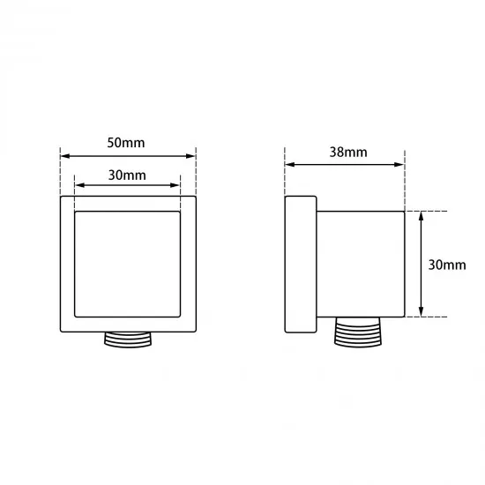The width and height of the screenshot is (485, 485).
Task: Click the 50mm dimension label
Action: [x=128, y=142]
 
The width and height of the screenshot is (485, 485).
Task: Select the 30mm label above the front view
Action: [x=128, y=175]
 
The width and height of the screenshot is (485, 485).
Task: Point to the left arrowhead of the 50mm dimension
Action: [x=63, y=155]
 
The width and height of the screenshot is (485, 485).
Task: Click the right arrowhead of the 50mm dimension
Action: [x=192, y=155]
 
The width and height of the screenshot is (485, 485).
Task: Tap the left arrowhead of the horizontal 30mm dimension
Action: [x=79, y=186]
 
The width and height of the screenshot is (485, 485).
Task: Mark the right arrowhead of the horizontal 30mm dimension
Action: [x=176, y=186]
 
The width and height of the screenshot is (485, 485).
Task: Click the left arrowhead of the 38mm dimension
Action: [x=289, y=164]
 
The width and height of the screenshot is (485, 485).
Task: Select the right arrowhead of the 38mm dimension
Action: [x=399, y=164]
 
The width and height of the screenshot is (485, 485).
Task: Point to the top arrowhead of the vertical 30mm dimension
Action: [x=422, y=217]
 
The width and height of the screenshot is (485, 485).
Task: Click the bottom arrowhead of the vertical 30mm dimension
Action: [x=422, y=311]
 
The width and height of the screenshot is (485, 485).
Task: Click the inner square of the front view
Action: [x=128, y=265]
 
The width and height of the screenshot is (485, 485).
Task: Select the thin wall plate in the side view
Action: [x=300, y=265]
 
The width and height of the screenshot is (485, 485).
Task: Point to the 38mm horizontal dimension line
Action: [x=345, y=164]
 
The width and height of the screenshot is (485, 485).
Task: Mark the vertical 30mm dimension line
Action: [x=422, y=265]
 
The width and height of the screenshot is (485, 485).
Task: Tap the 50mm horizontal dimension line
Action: [x=128, y=155]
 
